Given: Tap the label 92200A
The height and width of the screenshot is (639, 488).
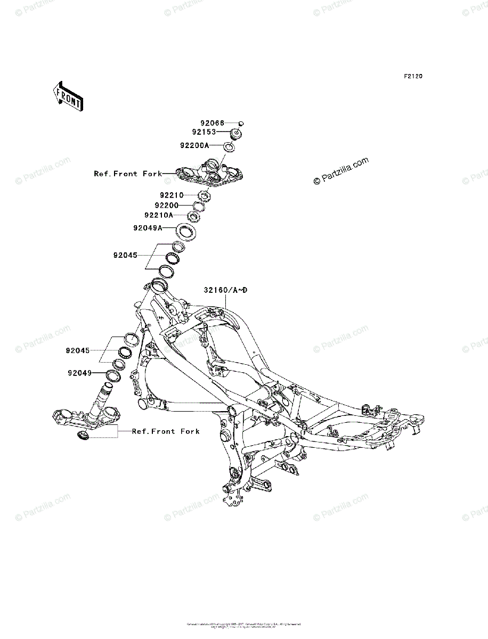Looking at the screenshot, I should [x=194, y=145].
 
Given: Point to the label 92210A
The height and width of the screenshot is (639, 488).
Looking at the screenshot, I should [x=158, y=216].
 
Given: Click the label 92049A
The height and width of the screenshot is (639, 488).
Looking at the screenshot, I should [x=148, y=228].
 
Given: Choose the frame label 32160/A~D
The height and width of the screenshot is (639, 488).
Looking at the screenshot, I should [x=225, y=290].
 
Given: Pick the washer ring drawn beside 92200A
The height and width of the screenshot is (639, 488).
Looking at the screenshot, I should [x=228, y=148].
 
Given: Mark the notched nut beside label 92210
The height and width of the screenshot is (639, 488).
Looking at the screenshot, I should [x=206, y=196].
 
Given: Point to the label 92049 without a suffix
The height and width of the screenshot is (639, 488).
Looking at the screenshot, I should [x=80, y=373].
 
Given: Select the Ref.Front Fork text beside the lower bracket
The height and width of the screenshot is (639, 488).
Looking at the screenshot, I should [x=166, y=431].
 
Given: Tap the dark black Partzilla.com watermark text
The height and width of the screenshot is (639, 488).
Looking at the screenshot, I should [x=341, y=171].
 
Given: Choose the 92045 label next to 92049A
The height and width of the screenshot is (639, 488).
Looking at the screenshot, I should [x=125, y=255].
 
